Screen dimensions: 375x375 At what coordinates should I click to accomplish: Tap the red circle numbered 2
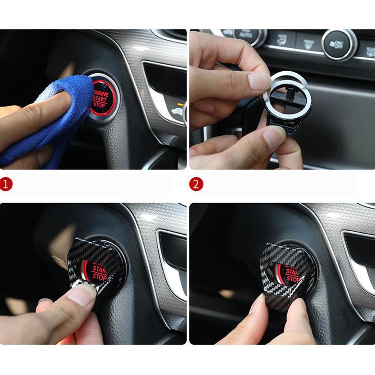point(196,184)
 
